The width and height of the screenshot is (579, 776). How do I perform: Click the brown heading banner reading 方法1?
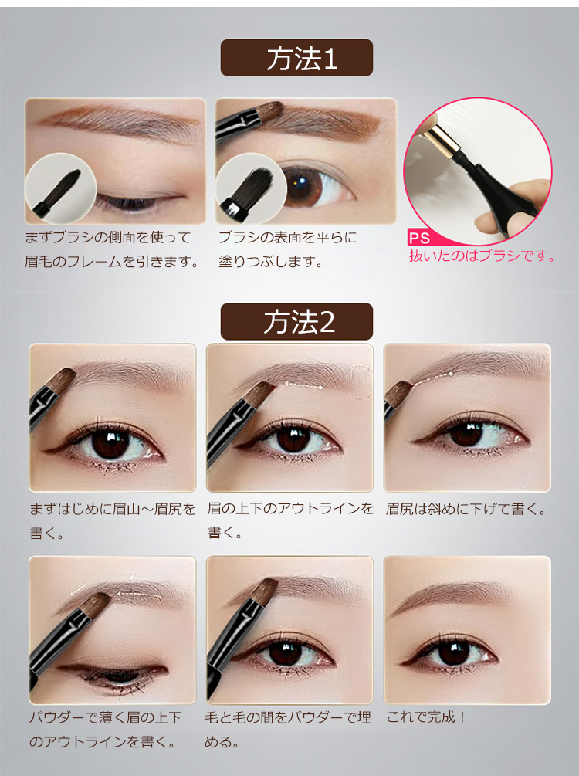pos(296,57)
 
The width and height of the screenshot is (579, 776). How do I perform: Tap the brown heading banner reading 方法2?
pos(296,321)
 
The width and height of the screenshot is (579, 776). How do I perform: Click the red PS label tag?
pos(419,238)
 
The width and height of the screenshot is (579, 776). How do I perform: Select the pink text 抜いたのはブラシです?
pos(482,256)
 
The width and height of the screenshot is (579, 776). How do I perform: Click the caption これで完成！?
pos(425,717)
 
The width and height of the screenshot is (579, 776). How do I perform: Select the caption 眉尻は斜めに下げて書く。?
pos(466,509)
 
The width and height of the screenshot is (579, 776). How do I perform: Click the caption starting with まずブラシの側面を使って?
pos(112,249)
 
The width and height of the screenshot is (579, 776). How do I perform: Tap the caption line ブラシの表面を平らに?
pos(287,238)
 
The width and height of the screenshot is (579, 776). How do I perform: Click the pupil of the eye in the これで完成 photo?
pos(454,654)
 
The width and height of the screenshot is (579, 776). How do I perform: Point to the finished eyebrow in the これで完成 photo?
pos(450,595)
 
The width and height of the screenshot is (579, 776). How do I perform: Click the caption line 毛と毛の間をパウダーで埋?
pos(288,717)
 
